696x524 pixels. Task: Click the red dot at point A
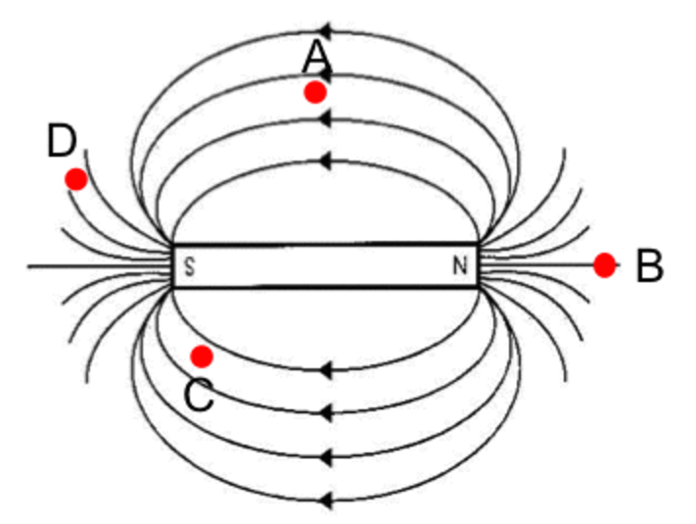point(314,92)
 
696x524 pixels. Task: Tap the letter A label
point(316,59)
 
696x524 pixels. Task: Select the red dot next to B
point(604,264)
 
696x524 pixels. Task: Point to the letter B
point(649,266)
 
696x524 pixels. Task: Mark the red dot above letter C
point(202,355)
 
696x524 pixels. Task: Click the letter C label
point(199,395)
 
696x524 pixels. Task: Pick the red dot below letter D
point(75,179)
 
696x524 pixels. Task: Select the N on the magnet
point(459,266)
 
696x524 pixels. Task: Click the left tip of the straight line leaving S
point(29,265)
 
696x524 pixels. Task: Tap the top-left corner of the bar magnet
point(173,245)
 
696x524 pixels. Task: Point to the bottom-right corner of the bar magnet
point(478,288)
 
